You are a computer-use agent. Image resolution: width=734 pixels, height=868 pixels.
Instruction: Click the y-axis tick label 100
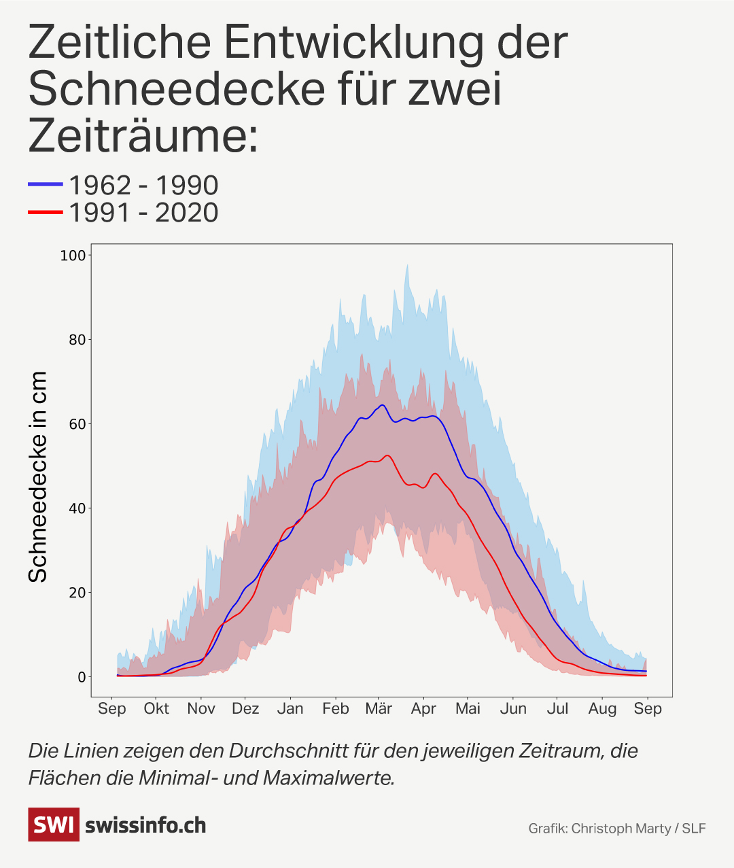click(x=73, y=256)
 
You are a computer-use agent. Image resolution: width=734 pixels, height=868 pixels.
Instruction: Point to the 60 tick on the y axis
click(x=77, y=424)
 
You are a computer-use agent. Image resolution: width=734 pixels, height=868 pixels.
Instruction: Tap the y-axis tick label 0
click(x=82, y=677)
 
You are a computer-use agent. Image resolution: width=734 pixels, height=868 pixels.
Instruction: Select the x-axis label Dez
click(x=245, y=709)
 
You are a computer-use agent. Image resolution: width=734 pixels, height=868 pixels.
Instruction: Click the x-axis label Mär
click(x=379, y=709)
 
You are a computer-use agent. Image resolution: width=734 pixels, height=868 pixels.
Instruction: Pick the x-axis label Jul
click(x=557, y=709)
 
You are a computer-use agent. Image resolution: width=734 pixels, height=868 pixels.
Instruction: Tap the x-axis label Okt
click(x=156, y=709)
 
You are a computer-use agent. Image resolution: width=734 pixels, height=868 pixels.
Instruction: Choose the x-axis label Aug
click(x=602, y=709)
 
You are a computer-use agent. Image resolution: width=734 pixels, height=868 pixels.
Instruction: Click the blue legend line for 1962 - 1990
click(x=45, y=185)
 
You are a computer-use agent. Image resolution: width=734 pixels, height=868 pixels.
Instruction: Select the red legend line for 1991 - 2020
click(x=45, y=213)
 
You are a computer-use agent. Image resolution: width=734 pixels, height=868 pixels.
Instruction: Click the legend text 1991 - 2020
click(x=143, y=213)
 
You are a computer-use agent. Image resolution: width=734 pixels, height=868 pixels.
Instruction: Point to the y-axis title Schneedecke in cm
click(x=38, y=476)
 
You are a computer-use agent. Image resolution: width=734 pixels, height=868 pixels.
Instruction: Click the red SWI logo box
click(x=53, y=824)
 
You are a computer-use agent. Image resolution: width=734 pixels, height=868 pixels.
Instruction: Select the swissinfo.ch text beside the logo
click(x=145, y=825)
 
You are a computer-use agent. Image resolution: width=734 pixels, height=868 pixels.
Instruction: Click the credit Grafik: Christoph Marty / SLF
click(x=616, y=828)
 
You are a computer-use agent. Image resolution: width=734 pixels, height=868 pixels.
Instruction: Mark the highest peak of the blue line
click(x=383, y=405)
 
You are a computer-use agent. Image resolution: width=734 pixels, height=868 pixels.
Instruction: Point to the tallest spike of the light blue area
click(x=407, y=266)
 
